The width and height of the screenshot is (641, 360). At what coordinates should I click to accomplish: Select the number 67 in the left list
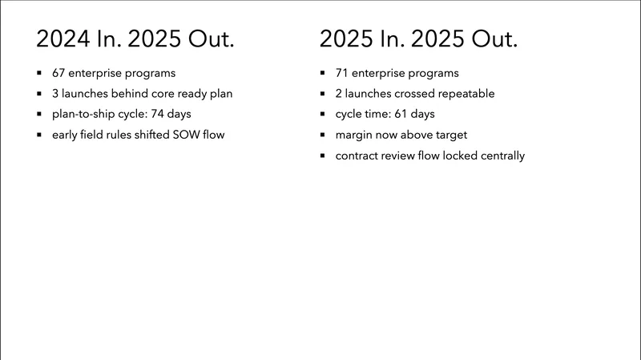pyautogui.click(x=59, y=73)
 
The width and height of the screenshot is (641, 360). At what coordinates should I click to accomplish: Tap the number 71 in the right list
pyautogui.click(x=342, y=73)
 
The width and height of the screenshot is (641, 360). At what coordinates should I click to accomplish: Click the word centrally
pyautogui.click(x=498, y=156)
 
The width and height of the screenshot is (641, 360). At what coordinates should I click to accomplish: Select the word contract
pyautogui.click(x=359, y=156)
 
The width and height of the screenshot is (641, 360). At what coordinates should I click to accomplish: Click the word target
pyautogui.click(x=450, y=135)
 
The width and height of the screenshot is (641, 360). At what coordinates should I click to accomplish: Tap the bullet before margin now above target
pyautogui.click(x=322, y=135)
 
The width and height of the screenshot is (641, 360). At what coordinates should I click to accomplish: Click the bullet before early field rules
pyautogui.click(x=39, y=135)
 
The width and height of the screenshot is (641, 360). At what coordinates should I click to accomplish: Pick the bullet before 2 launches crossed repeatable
pyautogui.click(x=322, y=94)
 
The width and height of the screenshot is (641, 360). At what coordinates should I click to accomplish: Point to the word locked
pyautogui.click(x=449, y=156)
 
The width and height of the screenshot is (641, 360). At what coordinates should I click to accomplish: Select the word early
pyautogui.click(x=65, y=135)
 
